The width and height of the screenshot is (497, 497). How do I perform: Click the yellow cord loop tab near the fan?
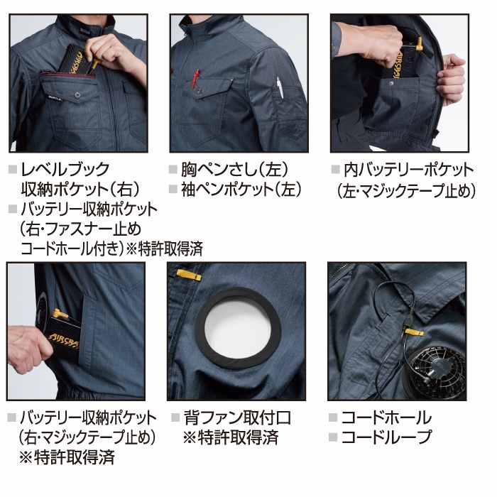(x=413, y=332)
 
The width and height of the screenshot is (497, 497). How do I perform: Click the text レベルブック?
(x=65, y=169)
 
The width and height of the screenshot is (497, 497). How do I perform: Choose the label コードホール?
(x=386, y=417)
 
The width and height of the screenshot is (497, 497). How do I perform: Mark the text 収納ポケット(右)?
(x=80, y=189)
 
